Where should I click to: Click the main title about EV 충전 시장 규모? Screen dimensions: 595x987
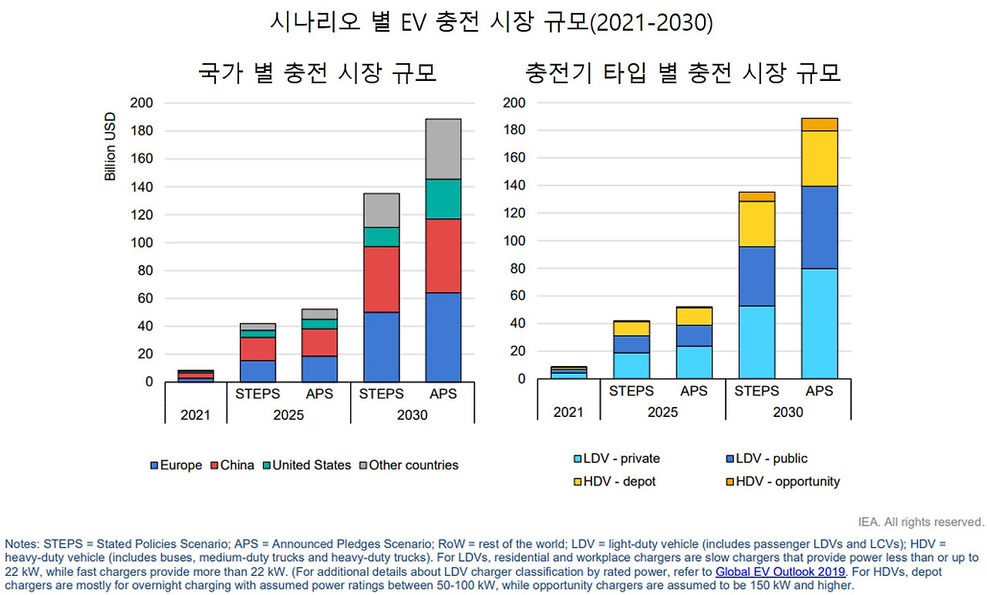(x=491, y=22)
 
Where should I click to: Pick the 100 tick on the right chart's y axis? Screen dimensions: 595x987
(x=514, y=240)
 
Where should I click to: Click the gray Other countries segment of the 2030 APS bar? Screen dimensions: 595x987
(x=443, y=149)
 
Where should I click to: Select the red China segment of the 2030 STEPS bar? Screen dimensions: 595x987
(x=381, y=279)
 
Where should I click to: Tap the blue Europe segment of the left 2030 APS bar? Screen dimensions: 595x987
(x=443, y=337)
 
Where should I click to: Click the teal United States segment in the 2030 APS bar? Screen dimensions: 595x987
(x=443, y=199)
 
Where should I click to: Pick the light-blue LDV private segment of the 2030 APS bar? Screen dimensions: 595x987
(x=819, y=323)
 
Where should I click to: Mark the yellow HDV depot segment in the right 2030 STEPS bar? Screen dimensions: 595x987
(x=756, y=224)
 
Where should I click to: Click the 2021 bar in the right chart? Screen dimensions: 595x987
(x=568, y=372)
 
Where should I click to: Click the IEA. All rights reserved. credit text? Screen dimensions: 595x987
(x=921, y=522)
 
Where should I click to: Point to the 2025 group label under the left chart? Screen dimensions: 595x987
(x=288, y=415)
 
